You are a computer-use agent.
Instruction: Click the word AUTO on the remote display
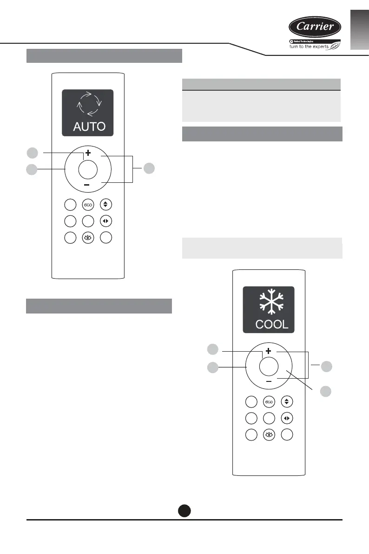tap(88, 126)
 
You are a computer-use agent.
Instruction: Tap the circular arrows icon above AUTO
tap(88, 105)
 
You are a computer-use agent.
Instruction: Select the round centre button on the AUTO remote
tap(88, 169)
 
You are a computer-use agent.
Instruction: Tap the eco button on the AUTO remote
tap(88, 205)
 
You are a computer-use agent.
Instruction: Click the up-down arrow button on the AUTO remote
tap(106, 205)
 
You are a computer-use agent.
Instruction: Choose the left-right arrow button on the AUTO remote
tap(106, 220)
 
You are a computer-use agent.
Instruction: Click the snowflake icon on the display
tap(269, 302)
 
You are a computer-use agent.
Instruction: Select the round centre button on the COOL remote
tap(269, 366)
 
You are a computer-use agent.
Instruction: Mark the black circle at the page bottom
tap(184, 510)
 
